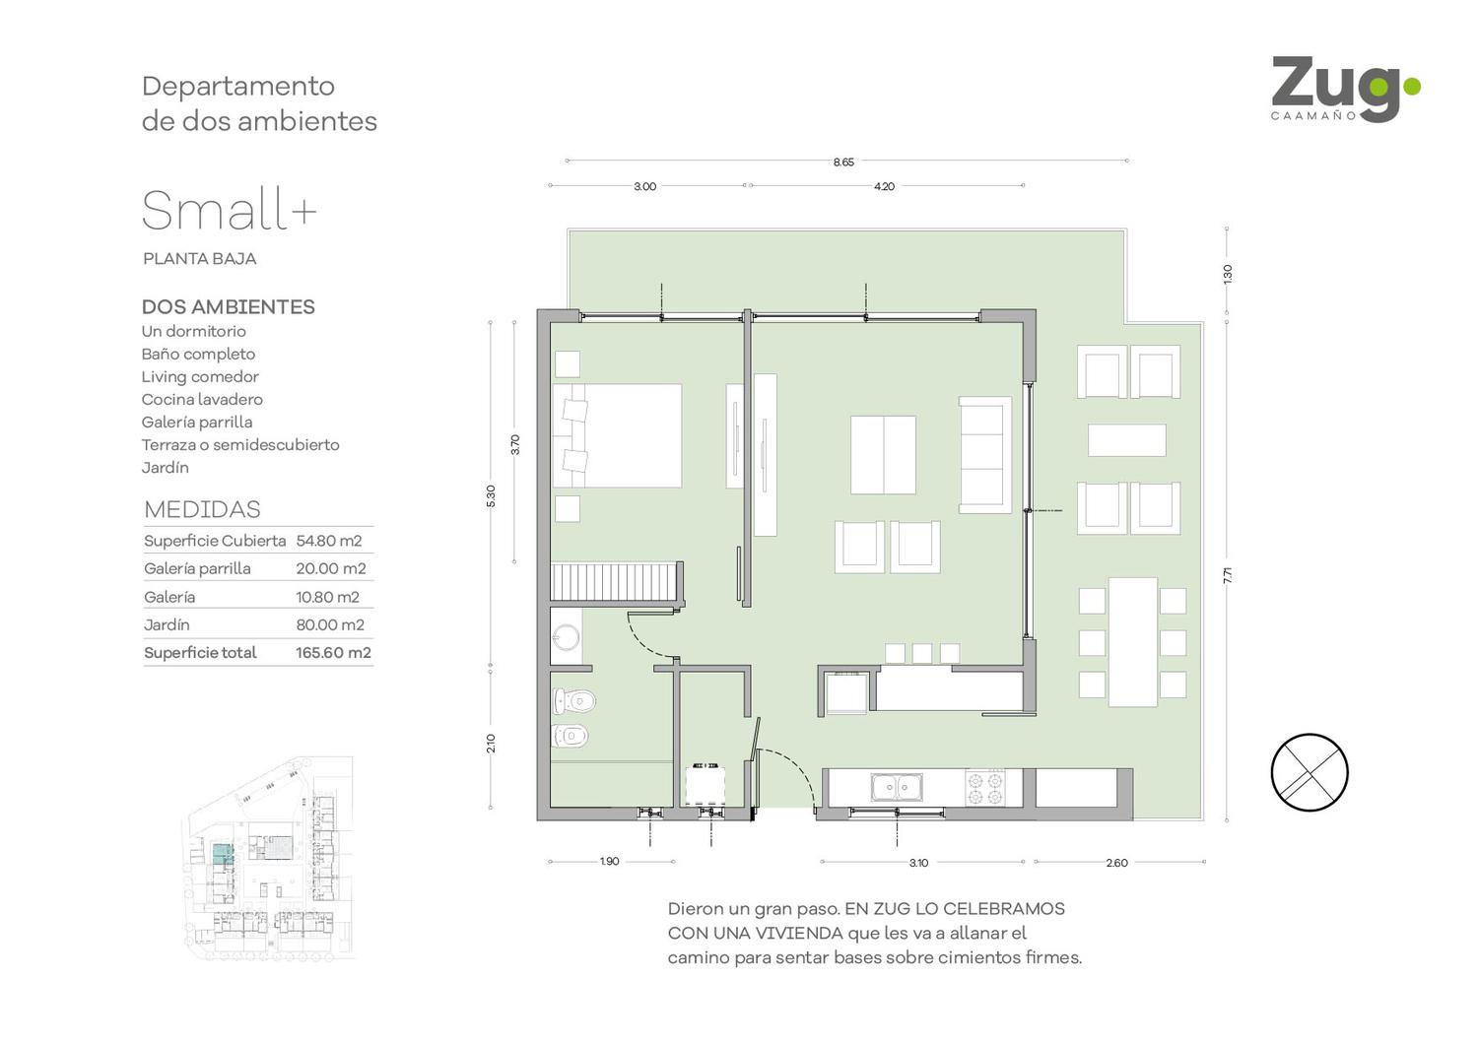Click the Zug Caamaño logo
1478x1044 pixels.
tap(1345, 90)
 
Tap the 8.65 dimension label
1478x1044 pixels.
tap(843, 163)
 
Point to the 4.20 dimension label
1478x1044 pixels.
tap(884, 187)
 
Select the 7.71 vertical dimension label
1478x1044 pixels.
tap(1228, 575)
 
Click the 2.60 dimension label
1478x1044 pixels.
tap(1117, 863)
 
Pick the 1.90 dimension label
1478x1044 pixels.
tap(610, 862)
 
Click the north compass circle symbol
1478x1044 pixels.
tap(1310, 772)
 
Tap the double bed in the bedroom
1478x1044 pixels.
tap(617, 436)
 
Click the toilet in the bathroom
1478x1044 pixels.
tap(574, 700)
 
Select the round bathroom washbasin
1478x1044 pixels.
tap(567, 638)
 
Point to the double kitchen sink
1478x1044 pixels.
tap(896, 788)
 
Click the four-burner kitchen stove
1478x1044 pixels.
tap(985, 788)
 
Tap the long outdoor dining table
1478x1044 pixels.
tap(1133, 642)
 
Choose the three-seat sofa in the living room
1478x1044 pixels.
tap(985, 454)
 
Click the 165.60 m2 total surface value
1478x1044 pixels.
tap(333, 653)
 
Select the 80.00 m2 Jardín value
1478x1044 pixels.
tap(330, 624)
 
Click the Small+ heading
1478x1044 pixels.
tap(229, 210)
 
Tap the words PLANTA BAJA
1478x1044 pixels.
tap(199, 258)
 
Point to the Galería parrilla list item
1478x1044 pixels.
tap(197, 423)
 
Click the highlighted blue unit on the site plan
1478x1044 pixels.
tap(223, 853)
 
